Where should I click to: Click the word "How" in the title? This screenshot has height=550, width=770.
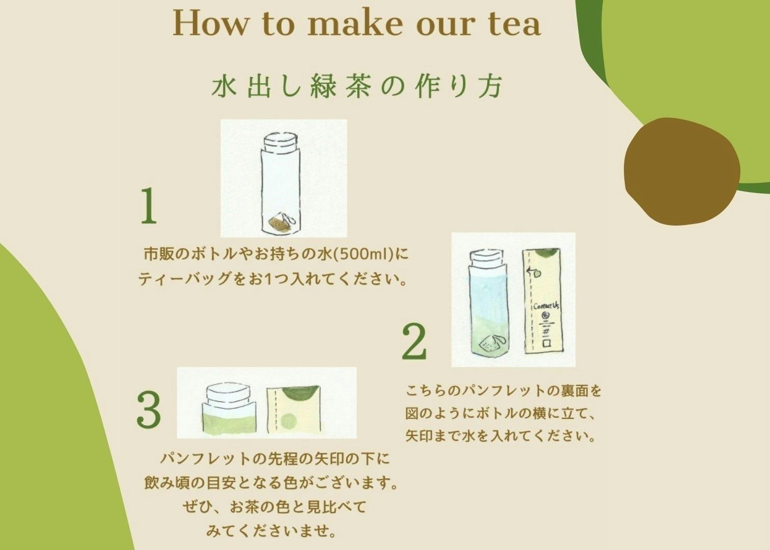[x=210, y=23]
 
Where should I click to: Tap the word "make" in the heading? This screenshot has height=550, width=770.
[x=355, y=23]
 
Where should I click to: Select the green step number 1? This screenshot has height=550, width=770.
[x=149, y=206]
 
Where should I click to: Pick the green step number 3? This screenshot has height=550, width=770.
[x=149, y=409]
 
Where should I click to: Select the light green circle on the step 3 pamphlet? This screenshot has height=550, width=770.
[x=289, y=421]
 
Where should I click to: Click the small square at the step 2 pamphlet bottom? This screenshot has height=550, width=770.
[x=547, y=344]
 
